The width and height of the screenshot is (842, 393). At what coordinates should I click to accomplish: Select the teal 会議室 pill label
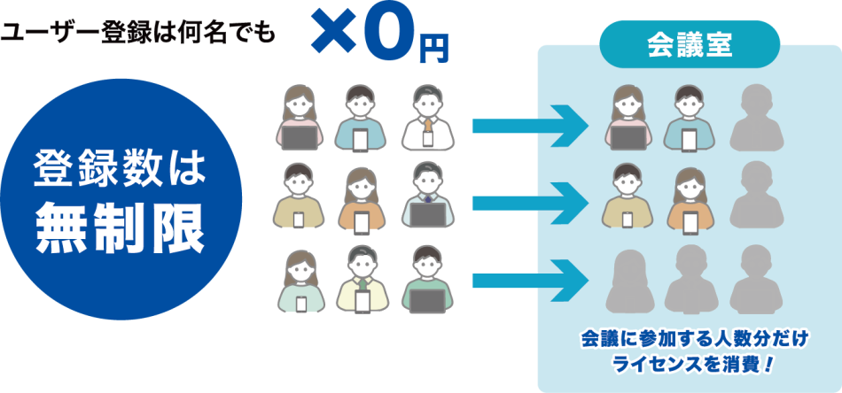690,44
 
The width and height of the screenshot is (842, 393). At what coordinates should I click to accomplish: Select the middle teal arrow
531,203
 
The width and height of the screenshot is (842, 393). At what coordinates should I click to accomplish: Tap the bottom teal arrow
531,280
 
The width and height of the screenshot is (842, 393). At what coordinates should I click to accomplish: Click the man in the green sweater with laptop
428,279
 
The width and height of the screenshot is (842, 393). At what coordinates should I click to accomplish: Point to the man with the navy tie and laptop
428,195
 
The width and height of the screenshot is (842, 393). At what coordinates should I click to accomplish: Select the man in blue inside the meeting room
690,118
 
